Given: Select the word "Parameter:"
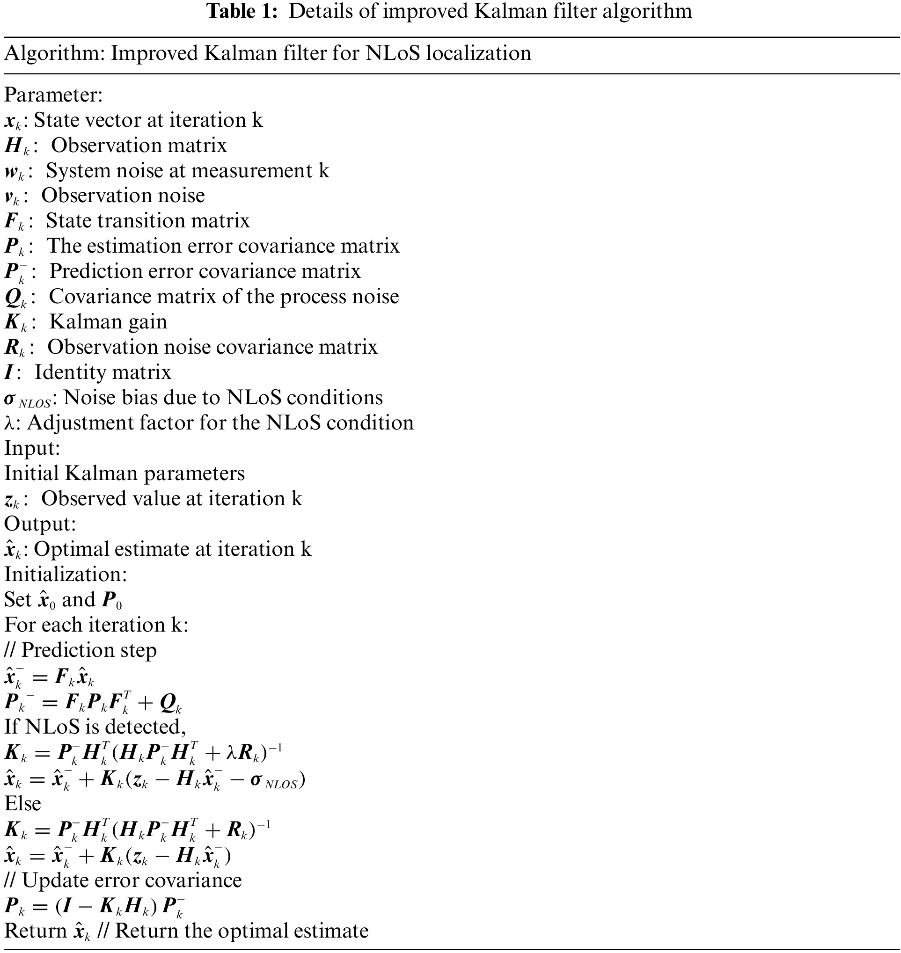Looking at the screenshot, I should (x=53, y=95).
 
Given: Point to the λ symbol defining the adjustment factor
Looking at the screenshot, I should (x=10, y=423).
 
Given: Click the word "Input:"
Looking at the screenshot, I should (x=32, y=448).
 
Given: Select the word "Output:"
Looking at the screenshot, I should (x=40, y=524).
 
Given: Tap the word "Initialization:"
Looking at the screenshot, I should (x=66, y=574).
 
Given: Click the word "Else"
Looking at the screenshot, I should (x=22, y=803).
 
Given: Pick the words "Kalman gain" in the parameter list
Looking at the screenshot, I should (x=108, y=322).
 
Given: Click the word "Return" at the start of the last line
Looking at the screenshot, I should (x=35, y=931).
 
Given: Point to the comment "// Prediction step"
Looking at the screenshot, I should (x=80, y=650).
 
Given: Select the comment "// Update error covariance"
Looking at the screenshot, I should (x=123, y=880).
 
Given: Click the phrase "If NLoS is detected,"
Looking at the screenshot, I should (x=95, y=727).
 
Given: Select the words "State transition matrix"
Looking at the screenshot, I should (x=148, y=221).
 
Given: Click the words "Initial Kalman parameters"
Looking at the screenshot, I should (x=125, y=473).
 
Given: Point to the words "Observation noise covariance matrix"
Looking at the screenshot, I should (x=212, y=347).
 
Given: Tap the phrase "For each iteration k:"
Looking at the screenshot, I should (x=96, y=625).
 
